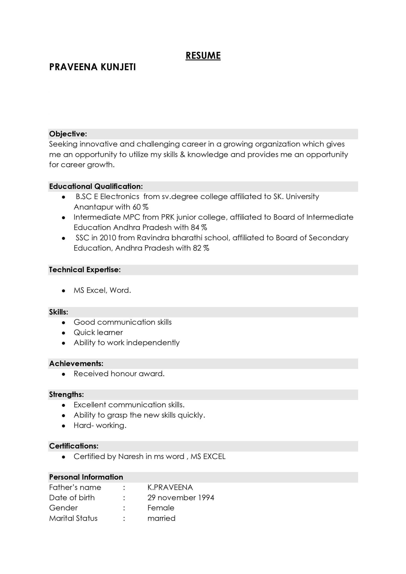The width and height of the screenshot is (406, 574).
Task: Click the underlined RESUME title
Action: [203, 56]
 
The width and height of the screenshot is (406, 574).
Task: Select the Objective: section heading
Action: [68, 134]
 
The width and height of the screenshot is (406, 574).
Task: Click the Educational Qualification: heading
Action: [96, 187]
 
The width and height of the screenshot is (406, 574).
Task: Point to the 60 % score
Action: [140, 207]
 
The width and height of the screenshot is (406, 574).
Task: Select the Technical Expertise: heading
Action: [85, 270]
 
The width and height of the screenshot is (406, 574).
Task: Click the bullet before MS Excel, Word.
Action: [64, 291]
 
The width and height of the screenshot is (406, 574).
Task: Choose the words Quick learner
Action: [98, 333]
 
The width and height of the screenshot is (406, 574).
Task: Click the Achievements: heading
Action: [76, 363]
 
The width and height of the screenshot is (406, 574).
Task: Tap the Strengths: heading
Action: [66, 394]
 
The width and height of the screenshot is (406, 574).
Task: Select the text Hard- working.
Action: [100, 426]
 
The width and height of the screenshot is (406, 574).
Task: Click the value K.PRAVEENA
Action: [170, 487]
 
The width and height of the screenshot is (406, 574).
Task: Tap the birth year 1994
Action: [206, 498]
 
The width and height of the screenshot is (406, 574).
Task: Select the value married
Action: [161, 518]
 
